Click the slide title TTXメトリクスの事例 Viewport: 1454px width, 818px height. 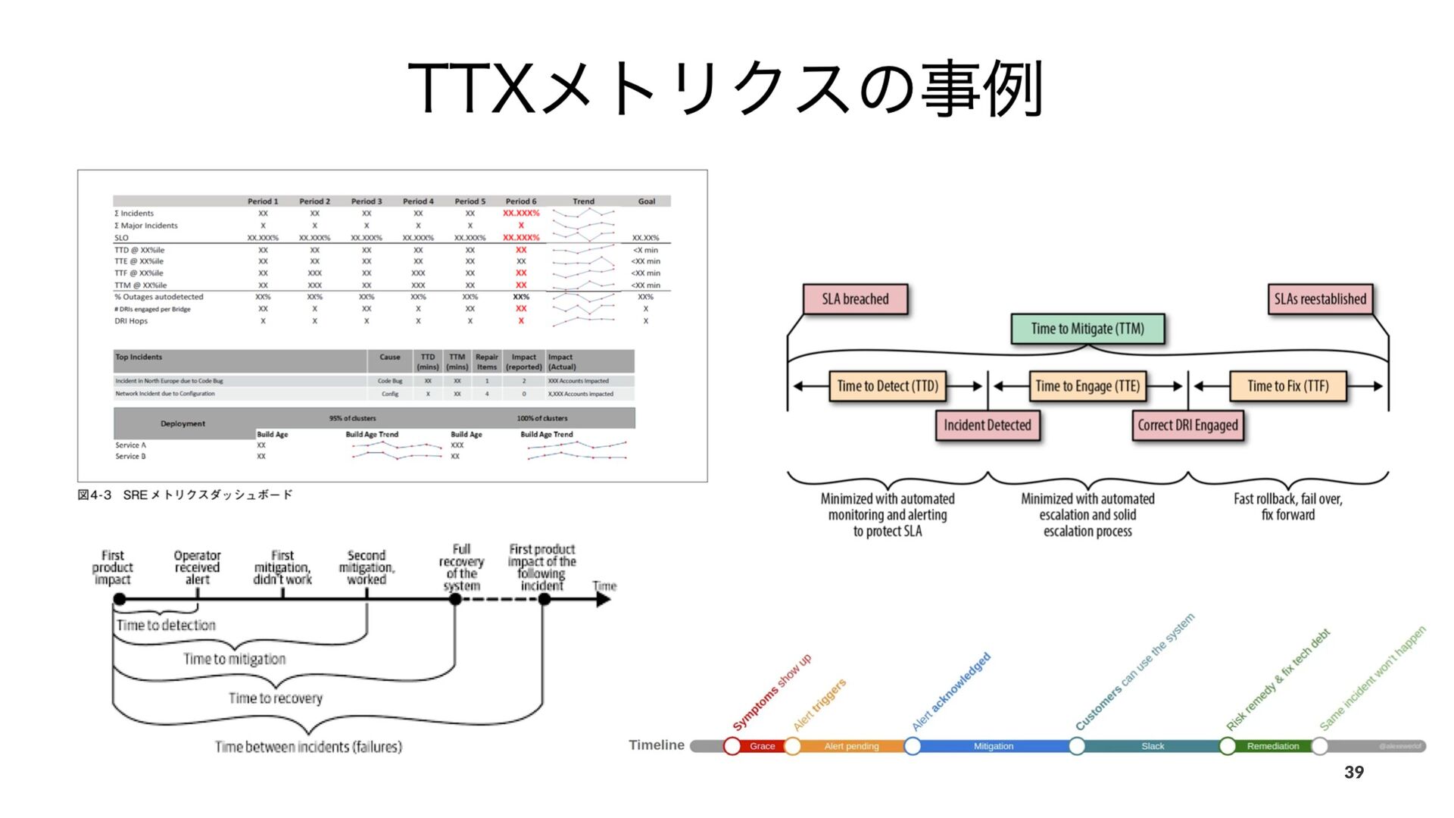pyautogui.click(x=725, y=89)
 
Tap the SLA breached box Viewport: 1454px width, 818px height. pyautogui.click(x=855, y=299)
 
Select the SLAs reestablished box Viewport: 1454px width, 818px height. pyautogui.click(x=1320, y=299)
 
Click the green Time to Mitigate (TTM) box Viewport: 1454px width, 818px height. pyautogui.click(x=1087, y=329)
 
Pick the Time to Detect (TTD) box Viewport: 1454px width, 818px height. pyautogui.click(x=888, y=386)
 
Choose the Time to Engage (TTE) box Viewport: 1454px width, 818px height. pyautogui.click(x=1087, y=386)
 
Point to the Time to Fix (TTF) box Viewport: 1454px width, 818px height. pyautogui.click(x=1287, y=386)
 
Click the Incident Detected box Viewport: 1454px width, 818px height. pyautogui.click(x=987, y=426)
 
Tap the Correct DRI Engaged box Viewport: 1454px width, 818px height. pyautogui.click(x=1187, y=426)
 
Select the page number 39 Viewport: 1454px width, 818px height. pyautogui.click(x=1354, y=772)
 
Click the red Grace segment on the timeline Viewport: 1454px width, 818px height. pyautogui.click(x=762, y=746)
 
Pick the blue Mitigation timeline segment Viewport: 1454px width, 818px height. pyautogui.click(x=993, y=746)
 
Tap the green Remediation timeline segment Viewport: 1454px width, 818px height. pyautogui.click(x=1272, y=746)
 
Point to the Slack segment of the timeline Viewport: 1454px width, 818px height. pyautogui.click(x=1153, y=746)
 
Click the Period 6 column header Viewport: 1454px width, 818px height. pyautogui.click(x=521, y=201)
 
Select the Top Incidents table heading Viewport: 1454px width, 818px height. pyautogui.click(x=139, y=357)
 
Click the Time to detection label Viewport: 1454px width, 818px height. pyautogui.click(x=166, y=625)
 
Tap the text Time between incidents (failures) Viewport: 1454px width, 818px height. pyautogui.click(x=308, y=747)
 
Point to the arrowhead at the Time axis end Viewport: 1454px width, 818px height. pyautogui.click(x=604, y=599)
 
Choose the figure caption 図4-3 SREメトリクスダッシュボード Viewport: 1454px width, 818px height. pyautogui.click(x=185, y=495)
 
